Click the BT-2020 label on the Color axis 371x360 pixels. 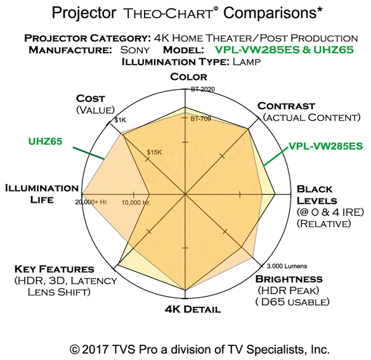(x=203, y=89)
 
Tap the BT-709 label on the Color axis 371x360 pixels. (x=200, y=119)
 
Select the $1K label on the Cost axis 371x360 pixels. (x=120, y=120)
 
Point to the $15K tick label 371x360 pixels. (x=154, y=152)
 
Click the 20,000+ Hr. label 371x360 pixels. (x=91, y=202)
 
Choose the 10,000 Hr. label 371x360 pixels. (x=136, y=203)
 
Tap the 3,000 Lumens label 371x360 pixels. (x=287, y=266)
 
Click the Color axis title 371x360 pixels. (x=188, y=77)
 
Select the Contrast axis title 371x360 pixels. (x=286, y=106)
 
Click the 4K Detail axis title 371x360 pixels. (x=193, y=309)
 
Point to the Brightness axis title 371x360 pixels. (x=289, y=279)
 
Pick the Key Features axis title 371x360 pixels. (x=55, y=269)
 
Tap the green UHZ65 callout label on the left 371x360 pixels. (x=45, y=141)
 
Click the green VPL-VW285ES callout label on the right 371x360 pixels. (x=326, y=146)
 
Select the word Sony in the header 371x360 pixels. (x=134, y=50)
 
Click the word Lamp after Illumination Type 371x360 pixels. (x=247, y=61)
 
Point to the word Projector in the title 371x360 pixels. (x=84, y=13)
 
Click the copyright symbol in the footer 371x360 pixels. (x=74, y=350)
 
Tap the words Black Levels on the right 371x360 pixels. (x=317, y=195)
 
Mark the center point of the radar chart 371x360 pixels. (x=185, y=194)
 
